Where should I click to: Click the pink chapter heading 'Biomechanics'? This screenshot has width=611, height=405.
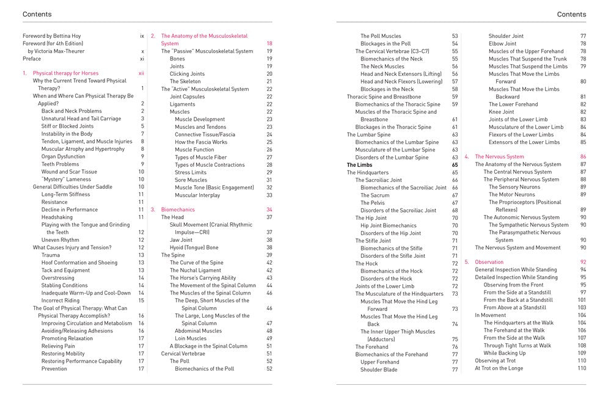(x=178, y=210)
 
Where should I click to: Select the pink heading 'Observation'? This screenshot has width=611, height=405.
(x=489, y=262)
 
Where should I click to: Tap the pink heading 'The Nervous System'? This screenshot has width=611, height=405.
(x=499, y=156)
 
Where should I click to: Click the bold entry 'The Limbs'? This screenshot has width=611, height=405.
(x=360, y=165)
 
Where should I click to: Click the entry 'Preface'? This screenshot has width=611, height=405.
(x=32, y=59)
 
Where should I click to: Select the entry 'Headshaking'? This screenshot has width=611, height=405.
(x=57, y=217)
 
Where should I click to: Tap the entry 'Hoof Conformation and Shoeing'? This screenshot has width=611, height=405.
(x=79, y=263)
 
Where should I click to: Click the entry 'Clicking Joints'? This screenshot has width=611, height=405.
(x=187, y=74)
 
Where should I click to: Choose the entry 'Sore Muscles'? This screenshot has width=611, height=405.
(x=191, y=180)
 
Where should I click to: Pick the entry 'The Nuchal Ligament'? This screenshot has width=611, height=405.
(x=195, y=270)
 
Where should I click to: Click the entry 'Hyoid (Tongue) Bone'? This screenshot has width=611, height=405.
(x=194, y=247)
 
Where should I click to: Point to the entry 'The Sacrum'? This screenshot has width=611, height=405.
(x=375, y=195)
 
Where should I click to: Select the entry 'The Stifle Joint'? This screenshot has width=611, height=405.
(x=373, y=241)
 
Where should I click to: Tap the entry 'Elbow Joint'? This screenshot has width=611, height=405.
(x=502, y=44)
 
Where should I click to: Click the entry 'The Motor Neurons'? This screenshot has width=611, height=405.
(x=511, y=194)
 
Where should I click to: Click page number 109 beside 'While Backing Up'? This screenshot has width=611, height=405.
(x=581, y=353)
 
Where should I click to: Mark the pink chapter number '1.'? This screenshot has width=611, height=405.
(x=25, y=73)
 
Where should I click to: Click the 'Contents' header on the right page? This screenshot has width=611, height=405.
(x=571, y=14)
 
